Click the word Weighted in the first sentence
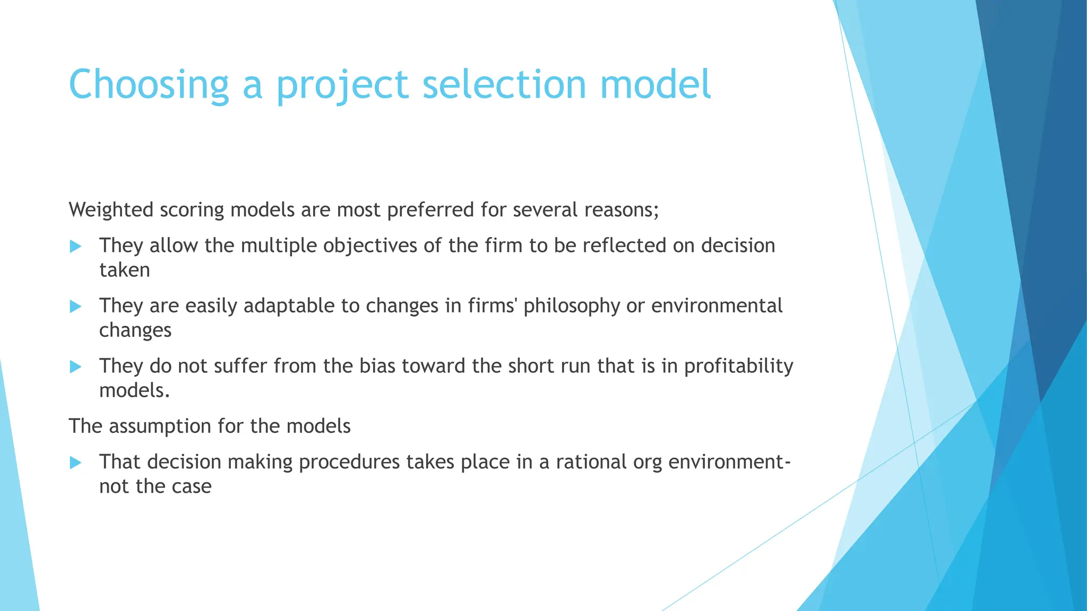pyautogui.click(x=111, y=210)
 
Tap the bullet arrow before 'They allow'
pyautogui.click(x=75, y=246)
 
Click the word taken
pyautogui.click(x=125, y=270)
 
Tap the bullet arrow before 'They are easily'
pyautogui.click(x=75, y=307)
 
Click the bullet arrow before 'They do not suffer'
pyautogui.click(x=75, y=366)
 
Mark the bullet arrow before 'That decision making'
pyautogui.click(x=75, y=462)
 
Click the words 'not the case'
pyautogui.click(x=156, y=486)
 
